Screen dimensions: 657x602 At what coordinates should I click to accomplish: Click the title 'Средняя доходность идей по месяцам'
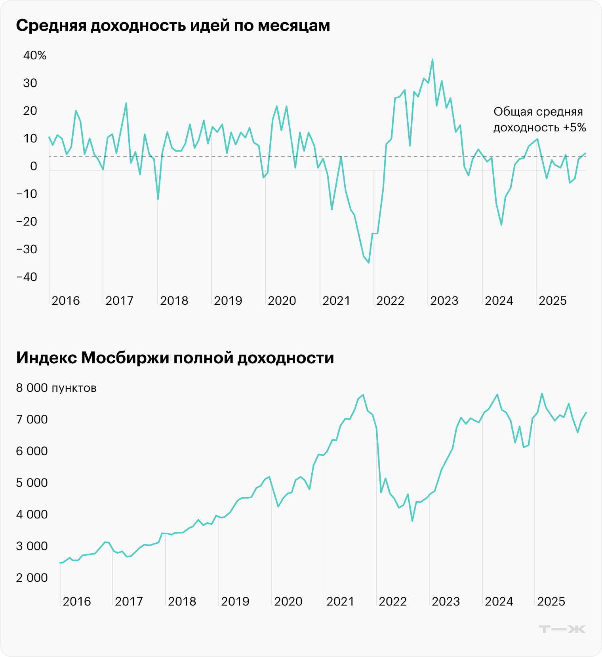(173, 26)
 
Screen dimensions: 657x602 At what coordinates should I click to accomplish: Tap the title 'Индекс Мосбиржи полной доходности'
(175, 358)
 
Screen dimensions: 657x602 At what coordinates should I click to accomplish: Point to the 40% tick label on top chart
(35, 55)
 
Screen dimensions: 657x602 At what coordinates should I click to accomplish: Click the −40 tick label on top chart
(27, 277)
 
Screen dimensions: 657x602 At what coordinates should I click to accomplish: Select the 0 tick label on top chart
(34, 166)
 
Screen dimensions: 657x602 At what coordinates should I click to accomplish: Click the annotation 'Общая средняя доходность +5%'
(539, 120)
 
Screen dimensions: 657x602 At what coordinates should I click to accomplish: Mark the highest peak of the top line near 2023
(432, 60)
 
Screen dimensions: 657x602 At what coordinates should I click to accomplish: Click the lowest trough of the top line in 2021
(369, 263)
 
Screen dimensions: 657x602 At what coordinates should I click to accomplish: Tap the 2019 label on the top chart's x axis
(228, 301)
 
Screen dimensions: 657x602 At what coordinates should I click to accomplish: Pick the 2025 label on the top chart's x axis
(552, 301)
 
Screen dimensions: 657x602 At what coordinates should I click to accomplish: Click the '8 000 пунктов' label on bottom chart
(56, 388)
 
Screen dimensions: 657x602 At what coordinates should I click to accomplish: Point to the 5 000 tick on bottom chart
(32, 483)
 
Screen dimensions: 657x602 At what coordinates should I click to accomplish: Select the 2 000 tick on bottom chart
(32, 578)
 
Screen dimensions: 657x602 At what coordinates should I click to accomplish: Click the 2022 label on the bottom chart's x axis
(392, 602)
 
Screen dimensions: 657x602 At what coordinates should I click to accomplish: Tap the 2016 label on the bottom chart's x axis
(76, 602)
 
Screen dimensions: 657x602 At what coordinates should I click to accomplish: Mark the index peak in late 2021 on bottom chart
(363, 395)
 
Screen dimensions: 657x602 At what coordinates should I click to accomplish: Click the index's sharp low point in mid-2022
(412, 521)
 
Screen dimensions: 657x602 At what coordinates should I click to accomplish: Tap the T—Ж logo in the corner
(562, 629)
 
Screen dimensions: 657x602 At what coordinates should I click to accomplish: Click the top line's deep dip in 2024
(501, 225)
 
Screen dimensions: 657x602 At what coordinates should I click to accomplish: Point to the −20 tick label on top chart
(27, 222)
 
